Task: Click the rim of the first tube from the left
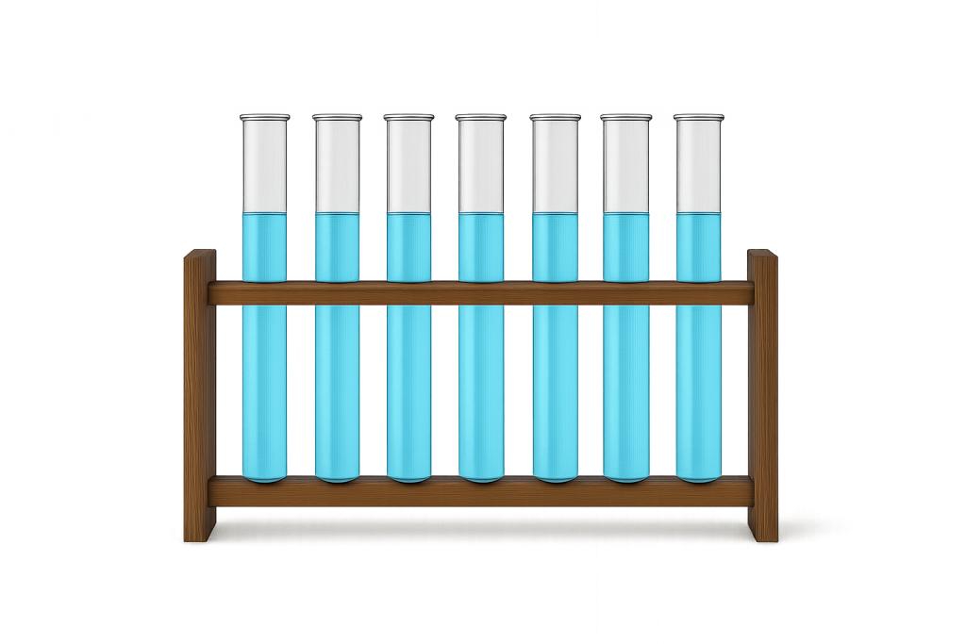[x=264, y=117]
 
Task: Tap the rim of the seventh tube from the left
[x=698, y=117]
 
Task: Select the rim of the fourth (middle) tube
[x=480, y=117]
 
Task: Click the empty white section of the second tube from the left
[x=337, y=165]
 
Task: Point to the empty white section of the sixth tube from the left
[x=626, y=165]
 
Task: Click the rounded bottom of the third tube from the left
[x=408, y=476]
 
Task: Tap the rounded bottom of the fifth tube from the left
[x=555, y=476]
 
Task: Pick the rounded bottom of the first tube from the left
[x=264, y=476]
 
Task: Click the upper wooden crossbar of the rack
[x=481, y=292]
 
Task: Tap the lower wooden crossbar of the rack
[x=481, y=491]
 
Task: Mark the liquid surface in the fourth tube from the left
[x=480, y=214]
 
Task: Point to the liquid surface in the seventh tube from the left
[x=698, y=214]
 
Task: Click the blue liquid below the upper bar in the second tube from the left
[x=337, y=387]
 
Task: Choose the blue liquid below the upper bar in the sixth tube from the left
[x=626, y=387]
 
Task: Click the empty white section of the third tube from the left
[x=408, y=165]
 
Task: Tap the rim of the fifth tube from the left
[x=555, y=117]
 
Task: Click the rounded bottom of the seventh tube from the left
[x=698, y=476]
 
